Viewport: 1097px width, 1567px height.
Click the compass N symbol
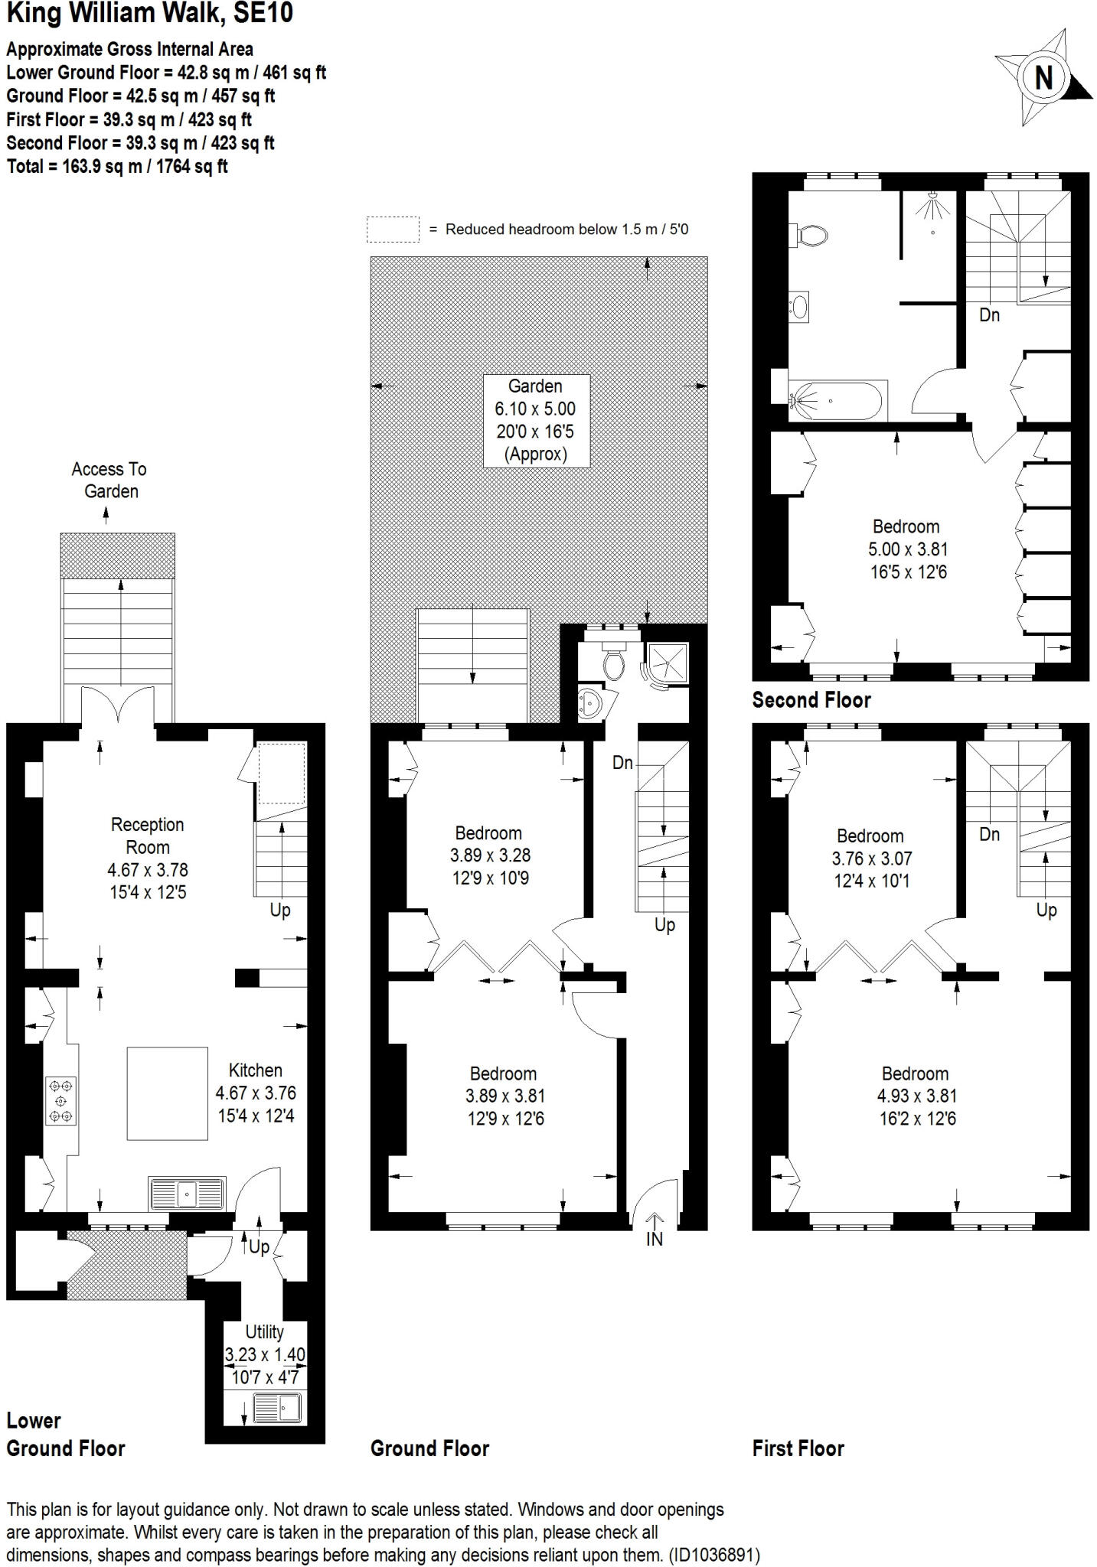coord(1043,77)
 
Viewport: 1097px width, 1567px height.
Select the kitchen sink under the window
coord(187,1193)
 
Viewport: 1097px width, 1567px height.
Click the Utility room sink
coord(277,1408)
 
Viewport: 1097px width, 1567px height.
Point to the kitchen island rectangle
coord(168,1093)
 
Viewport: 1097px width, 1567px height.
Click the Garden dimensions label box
coord(536,420)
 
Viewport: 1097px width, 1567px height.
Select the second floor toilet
coord(810,236)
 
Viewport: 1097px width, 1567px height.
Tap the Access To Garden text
coord(109,480)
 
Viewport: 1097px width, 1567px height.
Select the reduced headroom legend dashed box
coord(393,230)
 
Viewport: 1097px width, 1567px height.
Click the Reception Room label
coord(148,836)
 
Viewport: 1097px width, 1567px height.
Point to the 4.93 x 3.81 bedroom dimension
coord(916,1096)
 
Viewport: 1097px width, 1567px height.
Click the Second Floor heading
coord(811,700)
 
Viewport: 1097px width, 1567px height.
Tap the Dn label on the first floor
coord(989,834)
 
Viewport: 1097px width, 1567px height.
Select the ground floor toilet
coord(614,663)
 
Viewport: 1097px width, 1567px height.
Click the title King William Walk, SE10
coord(149,14)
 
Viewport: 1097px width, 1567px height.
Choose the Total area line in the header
coord(117,166)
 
